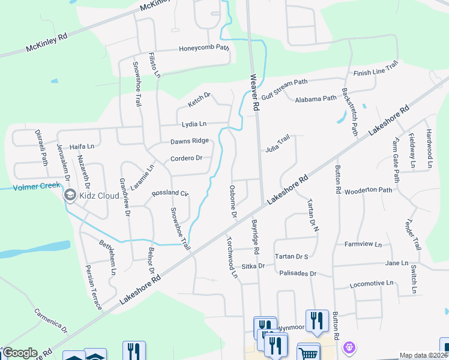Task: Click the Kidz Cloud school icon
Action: [x=70, y=195]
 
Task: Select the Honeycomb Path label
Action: [x=204, y=49]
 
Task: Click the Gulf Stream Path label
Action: [x=283, y=90]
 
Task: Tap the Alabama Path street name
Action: [x=315, y=98]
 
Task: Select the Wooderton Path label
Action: [x=368, y=190]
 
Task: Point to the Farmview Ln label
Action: [x=363, y=244]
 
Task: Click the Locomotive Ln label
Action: [x=372, y=283]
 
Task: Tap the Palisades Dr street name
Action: [x=297, y=273]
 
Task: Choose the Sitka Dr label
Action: [x=253, y=265]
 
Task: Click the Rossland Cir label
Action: [x=170, y=193]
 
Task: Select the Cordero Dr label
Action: [x=186, y=158]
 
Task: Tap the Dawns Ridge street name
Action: [x=189, y=141]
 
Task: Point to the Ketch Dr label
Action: [x=199, y=100]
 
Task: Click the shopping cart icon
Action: [x=308, y=353]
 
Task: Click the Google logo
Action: [x=19, y=353]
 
